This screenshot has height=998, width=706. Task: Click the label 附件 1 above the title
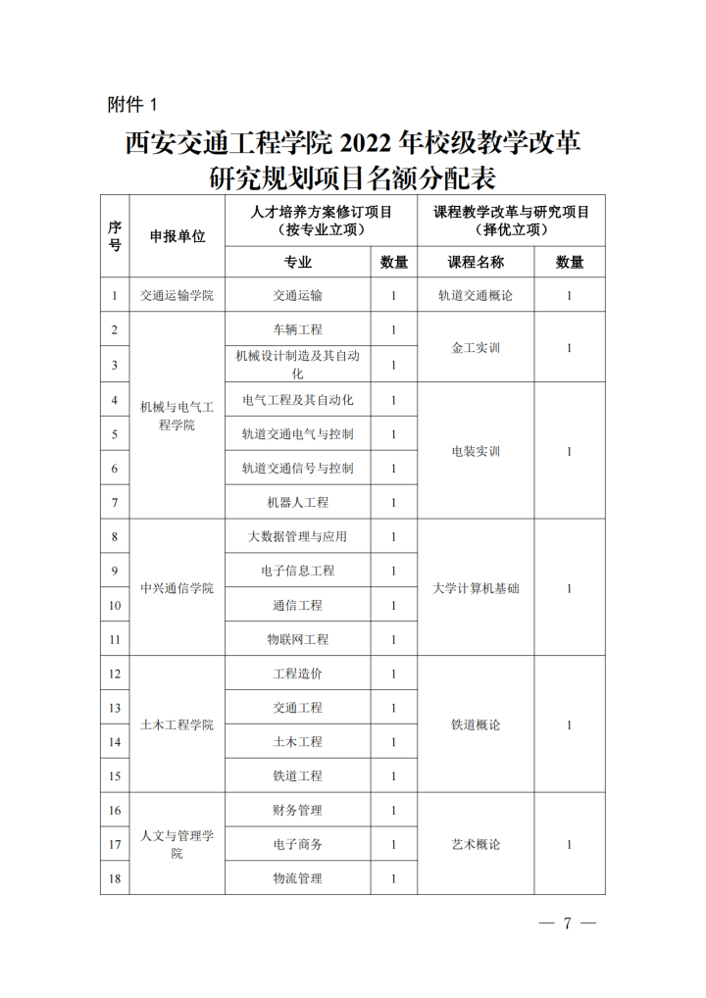(130, 103)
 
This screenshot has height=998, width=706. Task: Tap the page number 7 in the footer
(568, 923)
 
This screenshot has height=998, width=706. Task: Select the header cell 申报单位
(177, 236)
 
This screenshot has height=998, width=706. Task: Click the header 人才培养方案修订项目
(322, 211)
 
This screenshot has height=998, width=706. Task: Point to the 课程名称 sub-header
(476, 262)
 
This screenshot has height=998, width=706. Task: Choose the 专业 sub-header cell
(298, 262)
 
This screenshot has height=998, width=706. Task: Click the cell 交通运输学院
(177, 295)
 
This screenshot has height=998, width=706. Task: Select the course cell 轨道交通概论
(476, 295)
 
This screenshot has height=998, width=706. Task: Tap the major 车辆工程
(298, 329)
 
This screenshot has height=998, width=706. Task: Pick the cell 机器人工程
(298, 502)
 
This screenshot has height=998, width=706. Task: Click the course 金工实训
(476, 347)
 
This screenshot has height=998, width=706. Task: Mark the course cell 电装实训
(476, 451)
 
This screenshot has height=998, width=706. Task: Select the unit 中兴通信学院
(177, 588)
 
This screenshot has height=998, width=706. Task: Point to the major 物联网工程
(298, 639)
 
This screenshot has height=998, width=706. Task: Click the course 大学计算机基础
(476, 588)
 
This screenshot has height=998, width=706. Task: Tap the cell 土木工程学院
(177, 724)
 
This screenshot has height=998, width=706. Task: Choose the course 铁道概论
(476, 724)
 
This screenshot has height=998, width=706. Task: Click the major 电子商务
(298, 844)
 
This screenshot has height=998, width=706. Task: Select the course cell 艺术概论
(476, 844)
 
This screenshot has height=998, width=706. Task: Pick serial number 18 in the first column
(115, 878)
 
